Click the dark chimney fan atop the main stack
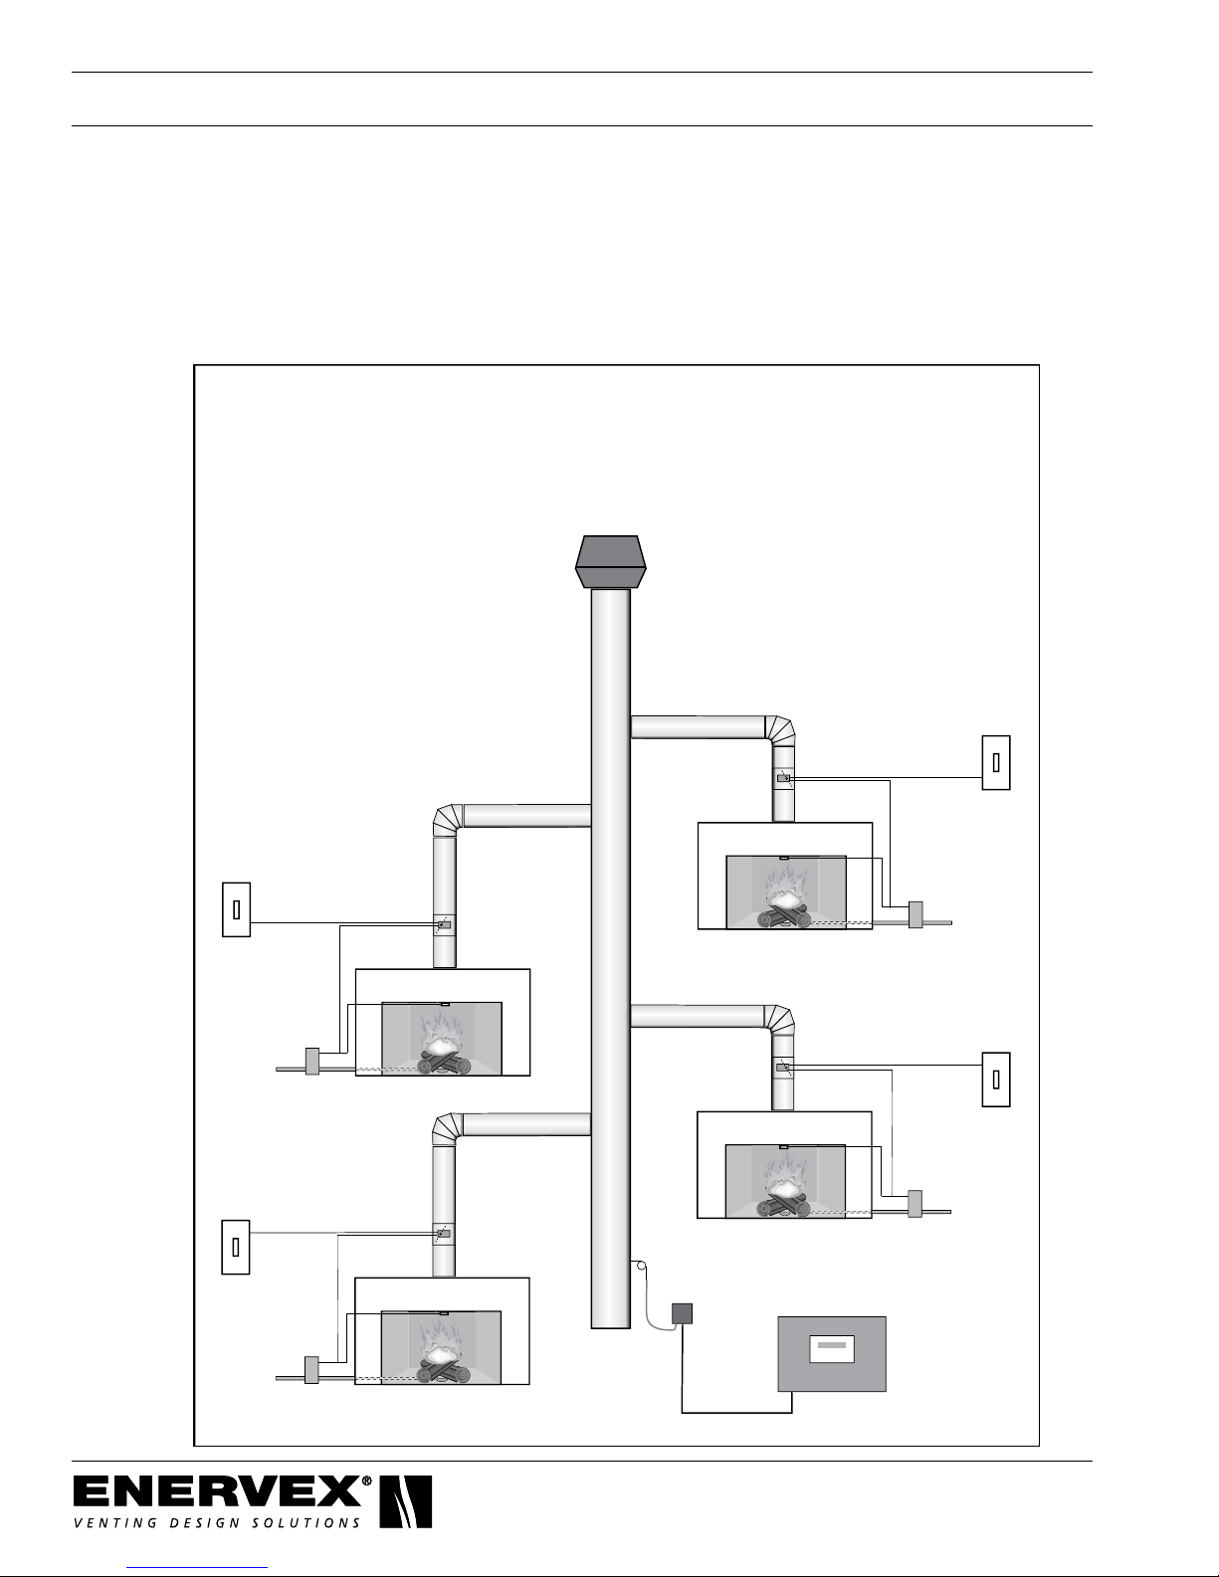click(611, 562)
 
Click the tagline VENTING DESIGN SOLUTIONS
click(216, 1522)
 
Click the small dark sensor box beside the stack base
click(682, 1313)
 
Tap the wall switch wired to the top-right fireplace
click(995, 762)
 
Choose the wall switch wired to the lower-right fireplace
click(995, 1080)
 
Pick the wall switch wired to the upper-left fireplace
click(236, 909)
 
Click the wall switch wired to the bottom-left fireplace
click(236, 1246)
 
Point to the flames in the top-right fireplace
click(786, 885)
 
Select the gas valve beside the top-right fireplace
click(914, 914)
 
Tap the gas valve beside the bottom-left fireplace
click(311, 1370)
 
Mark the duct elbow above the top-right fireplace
click(780, 729)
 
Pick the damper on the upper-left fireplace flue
click(444, 925)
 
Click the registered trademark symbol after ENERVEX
click(367, 1481)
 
